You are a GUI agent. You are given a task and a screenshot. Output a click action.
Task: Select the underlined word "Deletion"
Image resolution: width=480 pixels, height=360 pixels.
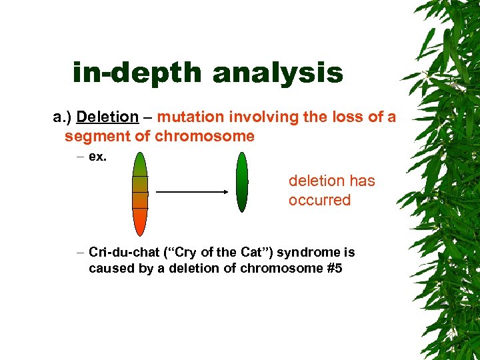tap(107, 117)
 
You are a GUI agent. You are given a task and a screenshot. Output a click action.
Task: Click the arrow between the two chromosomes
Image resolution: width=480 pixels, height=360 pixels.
tap(192, 192)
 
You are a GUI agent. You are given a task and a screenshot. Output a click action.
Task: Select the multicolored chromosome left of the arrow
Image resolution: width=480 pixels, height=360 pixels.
tap(139, 193)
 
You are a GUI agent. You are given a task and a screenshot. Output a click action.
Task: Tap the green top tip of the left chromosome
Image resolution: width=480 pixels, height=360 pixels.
tap(139, 160)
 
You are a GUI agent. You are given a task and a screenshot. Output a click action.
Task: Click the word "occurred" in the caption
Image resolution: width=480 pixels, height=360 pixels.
tap(319, 200)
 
